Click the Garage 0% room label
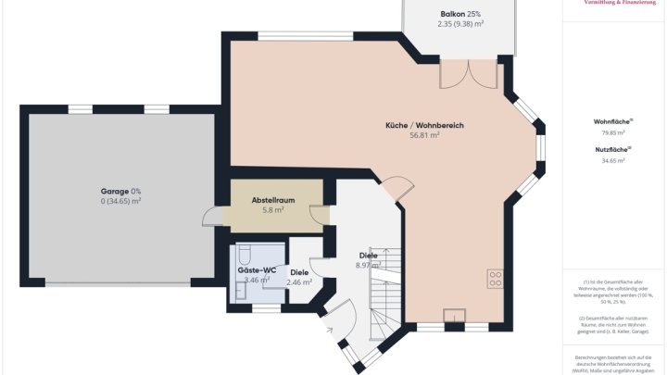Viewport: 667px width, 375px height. tap(121, 191)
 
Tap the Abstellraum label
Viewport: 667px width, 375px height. tap(272, 199)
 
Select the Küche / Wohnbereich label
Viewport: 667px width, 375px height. tap(424, 125)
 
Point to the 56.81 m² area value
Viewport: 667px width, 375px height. tap(424, 135)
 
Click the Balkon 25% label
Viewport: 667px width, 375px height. tap(460, 14)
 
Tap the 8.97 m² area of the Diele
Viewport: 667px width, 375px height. tap(369, 266)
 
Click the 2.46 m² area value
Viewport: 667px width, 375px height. tap(299, 281)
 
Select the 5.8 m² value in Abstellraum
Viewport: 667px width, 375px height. tap(272, 210)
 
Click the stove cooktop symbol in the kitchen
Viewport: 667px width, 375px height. tap(495, 277)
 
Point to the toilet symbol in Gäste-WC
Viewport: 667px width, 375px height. tap(246, 255)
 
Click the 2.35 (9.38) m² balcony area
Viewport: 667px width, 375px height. tap(460, 25)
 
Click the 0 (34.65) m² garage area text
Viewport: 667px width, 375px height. tap(121, 201)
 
